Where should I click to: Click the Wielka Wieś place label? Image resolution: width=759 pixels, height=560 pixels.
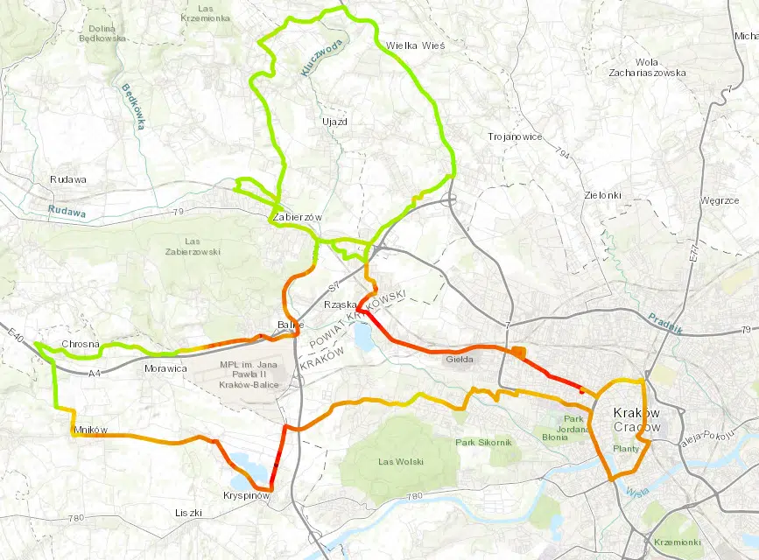coord(416,45)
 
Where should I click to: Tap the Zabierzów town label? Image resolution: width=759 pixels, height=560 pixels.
coord(298,217)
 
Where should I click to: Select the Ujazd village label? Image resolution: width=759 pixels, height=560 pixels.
coord(334,122)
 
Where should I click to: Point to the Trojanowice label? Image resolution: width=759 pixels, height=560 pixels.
coord(516,137)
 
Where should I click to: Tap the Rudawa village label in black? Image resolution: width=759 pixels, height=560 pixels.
coord(68,179)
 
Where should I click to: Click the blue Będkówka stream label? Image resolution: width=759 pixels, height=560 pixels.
coord(132,107)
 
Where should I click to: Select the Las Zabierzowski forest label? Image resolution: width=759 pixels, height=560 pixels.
coord(193,246)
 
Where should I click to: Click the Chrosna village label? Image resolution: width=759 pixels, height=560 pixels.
coord(81,344)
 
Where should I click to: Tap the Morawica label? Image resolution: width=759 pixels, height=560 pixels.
coord(165,369)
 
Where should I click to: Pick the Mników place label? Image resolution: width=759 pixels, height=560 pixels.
coord(91,430)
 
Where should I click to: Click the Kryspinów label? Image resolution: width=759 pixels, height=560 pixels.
coord(246,493)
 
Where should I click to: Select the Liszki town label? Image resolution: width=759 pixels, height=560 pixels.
coord(189,512)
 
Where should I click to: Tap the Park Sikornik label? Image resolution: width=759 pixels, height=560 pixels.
coord(483,443)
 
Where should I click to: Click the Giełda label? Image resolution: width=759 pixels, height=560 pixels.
coord(459,359)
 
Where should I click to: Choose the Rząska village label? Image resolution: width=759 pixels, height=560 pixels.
coord(338,304)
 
